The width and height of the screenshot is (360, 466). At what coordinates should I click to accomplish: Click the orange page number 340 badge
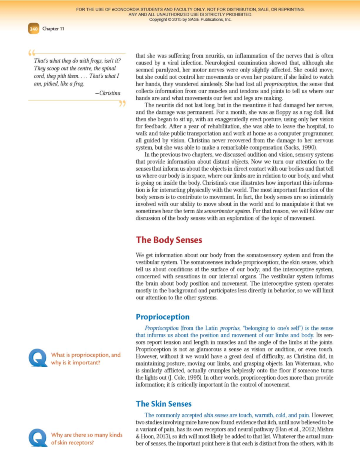click(34, 29)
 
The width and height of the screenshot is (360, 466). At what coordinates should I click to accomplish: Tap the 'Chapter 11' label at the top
click(53, 29)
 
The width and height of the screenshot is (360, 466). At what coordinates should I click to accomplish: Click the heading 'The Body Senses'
click(169, 240)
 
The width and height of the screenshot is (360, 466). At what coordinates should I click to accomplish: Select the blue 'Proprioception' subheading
click(163, 317)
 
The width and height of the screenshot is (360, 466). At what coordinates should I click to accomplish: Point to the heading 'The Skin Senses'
click(163, 404)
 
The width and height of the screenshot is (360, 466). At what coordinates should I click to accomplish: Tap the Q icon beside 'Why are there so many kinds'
click(38, 438)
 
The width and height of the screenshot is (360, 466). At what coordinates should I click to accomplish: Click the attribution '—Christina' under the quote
click(108, 93)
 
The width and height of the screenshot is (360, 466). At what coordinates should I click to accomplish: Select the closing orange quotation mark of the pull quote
click(122, 104)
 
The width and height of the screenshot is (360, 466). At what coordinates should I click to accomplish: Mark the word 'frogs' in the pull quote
click(95, 61)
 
